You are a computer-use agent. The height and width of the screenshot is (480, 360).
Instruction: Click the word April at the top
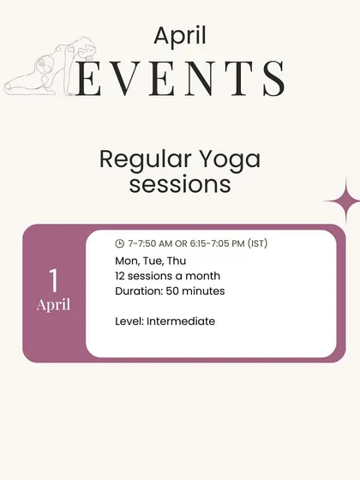click(x=180, y=37)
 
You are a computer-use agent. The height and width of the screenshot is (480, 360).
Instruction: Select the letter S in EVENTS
click(x=274, y=78)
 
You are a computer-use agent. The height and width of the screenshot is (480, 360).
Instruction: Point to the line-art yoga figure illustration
click(x=51, y=67)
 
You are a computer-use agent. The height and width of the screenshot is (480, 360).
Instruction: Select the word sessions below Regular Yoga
click(x=180, y=184)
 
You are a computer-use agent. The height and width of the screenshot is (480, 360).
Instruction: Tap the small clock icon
click(x=119, y=243)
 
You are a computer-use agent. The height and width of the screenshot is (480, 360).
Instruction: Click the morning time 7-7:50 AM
click(x=150, y=243)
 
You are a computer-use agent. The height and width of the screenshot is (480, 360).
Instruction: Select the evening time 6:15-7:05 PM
click(x=218, y=243)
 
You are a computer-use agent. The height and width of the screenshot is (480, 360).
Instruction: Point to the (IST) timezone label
click(x=257, y=243)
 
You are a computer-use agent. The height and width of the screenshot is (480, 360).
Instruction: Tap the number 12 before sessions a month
click(x=120, y=276)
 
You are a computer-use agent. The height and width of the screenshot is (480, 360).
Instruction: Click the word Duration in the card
click(x=139, y=291)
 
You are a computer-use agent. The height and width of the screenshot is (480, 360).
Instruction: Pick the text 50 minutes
click(x=195, y=291)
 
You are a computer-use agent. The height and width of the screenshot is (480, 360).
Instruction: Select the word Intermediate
click(x=181, y=321)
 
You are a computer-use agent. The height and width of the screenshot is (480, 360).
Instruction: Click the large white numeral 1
click(x=53, y=279)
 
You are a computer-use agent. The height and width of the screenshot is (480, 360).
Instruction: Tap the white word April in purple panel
click(x=53, y=305)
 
